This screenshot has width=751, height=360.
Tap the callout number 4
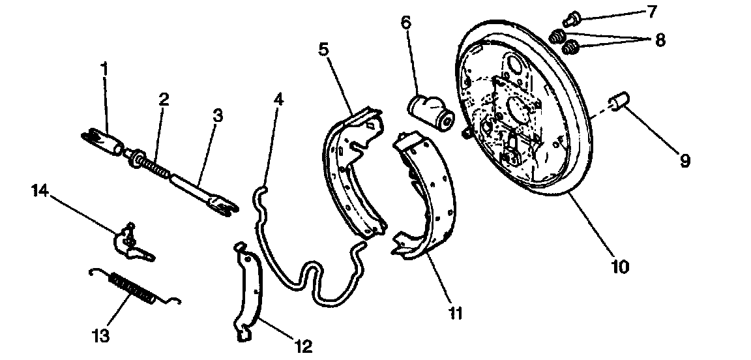click(x=279, y=100)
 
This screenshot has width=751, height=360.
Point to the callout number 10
click(x=620, y=266)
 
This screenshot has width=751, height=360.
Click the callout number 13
click(x=101, y=337)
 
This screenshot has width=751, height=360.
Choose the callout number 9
click(x=684, y=160)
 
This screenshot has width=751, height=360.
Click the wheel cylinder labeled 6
click(x=431, y=112)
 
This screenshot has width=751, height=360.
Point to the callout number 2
click(x=163, y=99)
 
